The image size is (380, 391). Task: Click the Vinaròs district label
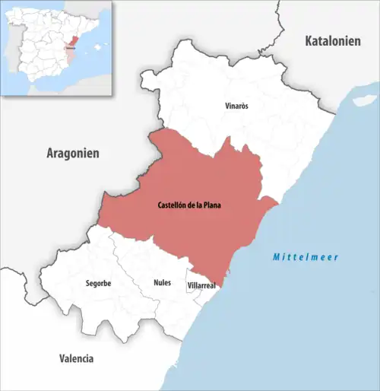237,106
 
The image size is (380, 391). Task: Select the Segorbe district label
99,283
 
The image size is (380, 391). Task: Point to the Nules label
162,283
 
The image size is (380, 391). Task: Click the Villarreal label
201,285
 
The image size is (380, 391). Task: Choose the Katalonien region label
333,41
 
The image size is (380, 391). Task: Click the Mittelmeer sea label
306,257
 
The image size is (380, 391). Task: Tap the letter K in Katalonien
308,41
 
